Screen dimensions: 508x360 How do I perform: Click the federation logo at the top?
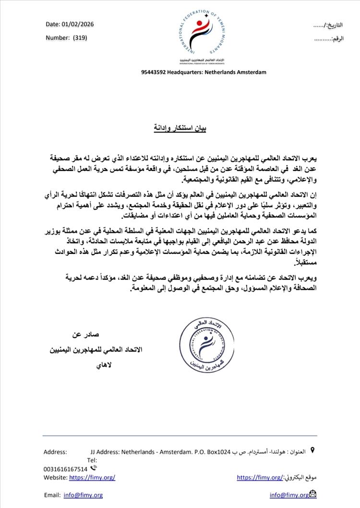[x=201, y=34]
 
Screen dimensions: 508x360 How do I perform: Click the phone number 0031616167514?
[x=65, y=469]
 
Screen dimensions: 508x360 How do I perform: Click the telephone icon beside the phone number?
[x=94, y=468]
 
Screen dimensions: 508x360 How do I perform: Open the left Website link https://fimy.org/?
[x=92, y=477]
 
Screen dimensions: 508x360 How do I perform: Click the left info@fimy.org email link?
[x=83, y=495]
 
